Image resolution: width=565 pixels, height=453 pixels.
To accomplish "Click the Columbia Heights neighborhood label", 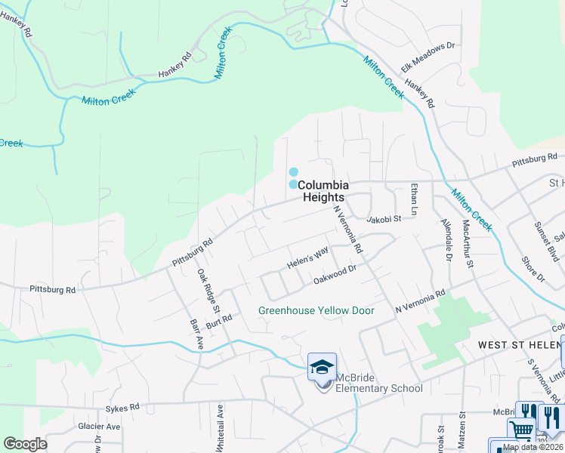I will pyautogui.click(x=323, y=190).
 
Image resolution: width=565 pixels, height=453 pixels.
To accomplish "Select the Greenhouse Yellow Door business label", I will pyautogui.click(x=316, y=310).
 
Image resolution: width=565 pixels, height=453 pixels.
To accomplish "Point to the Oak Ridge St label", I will pyautogui.click(x=208, y=292).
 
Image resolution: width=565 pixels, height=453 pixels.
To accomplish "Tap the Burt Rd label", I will pyautogui.click(x=218, y=322).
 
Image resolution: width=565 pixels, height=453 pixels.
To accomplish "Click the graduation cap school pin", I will pyautogui.click(x=323, y=368).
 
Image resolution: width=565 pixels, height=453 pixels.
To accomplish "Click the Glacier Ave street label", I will pyautogui.click(x=99, y=427).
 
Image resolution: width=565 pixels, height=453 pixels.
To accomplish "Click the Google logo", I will pyautogui.click(x=25, y=444).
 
